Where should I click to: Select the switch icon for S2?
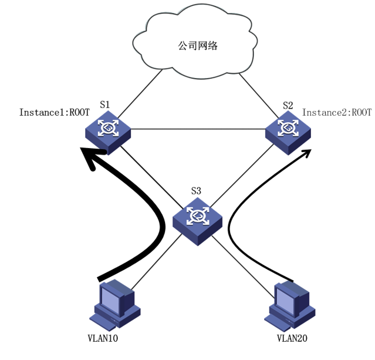pyautogui.click(x=289, y=130)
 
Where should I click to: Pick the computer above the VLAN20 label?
pyautogui.click(x=292, y=305)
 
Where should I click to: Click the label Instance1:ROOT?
pyautogui.click(x=54, y=112)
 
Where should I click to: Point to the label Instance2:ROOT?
pyautogui.click(x=337, y=112)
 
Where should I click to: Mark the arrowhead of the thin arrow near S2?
pyautogui.click(x=306, y=153)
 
